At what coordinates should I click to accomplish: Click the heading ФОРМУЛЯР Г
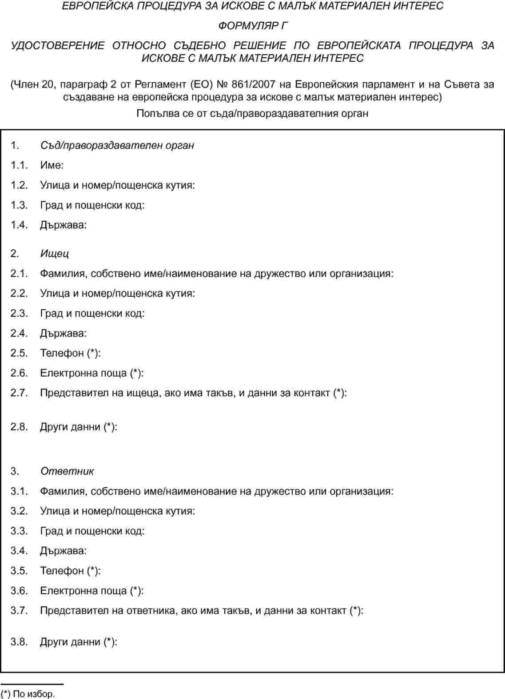[x=252, y=26]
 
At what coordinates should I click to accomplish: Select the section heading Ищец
[x=54, y=254]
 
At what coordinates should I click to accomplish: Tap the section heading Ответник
[x=67, y=471]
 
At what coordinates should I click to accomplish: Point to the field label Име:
[x=52, y=165]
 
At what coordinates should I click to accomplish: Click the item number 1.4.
[x=19, y=225]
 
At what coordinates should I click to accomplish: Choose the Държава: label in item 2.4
[x=63, y=333]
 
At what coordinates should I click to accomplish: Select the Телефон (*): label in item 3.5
[x=70, y=571]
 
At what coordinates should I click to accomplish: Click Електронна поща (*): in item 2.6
[x=91, y=373]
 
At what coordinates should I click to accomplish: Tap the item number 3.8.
[x=19, y=642]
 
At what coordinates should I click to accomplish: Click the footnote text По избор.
[x=34, y=694]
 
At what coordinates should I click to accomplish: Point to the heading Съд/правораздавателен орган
[x=117, y=145]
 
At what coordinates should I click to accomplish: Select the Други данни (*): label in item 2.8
[x=79, y=427]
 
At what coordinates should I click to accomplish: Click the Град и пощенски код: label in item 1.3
[x=92, y=205]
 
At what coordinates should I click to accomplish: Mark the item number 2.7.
[x=19, y=393]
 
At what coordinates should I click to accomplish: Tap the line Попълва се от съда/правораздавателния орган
[x=252, y=113]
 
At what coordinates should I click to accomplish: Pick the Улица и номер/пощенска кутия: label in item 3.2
[x=117, y=511]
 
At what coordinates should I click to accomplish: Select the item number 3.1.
[x=19, y=491]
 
